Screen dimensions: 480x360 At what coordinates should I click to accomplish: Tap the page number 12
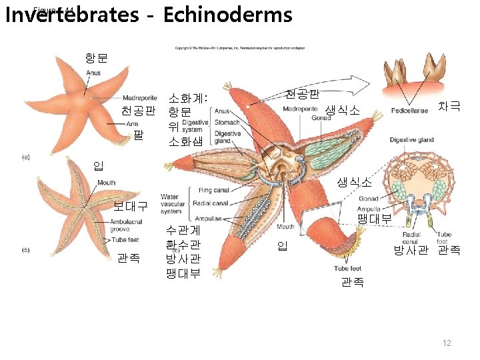pos(447,343)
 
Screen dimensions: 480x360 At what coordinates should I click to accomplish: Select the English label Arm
pos(132,123)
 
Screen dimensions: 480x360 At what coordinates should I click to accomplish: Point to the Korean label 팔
pos(139,135)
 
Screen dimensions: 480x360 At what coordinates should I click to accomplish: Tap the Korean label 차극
pos(448,107)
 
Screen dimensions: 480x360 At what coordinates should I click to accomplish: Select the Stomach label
pos(227,123)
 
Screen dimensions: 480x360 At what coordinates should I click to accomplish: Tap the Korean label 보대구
pos(131,206)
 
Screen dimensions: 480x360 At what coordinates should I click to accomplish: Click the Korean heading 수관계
pos(183,230)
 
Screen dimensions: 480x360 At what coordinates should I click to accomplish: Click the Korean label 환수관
pos(183,244)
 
